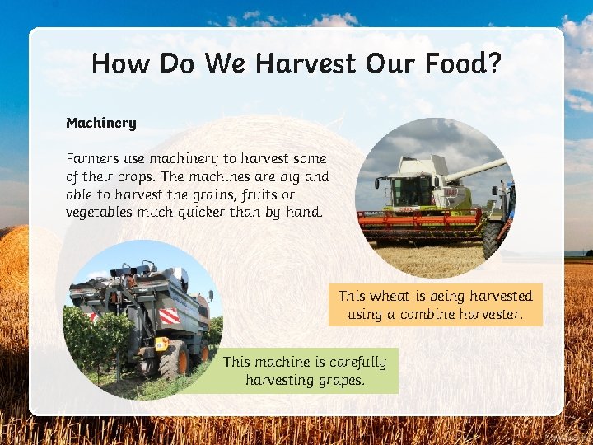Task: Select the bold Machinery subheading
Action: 100,123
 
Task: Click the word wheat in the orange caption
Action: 389,296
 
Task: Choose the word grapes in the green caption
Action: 342,380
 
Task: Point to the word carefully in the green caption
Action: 357,362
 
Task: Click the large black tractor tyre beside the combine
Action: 493,241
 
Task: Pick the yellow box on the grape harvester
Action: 161,344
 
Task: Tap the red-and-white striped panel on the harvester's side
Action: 169,316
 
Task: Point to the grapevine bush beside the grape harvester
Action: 95,338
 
